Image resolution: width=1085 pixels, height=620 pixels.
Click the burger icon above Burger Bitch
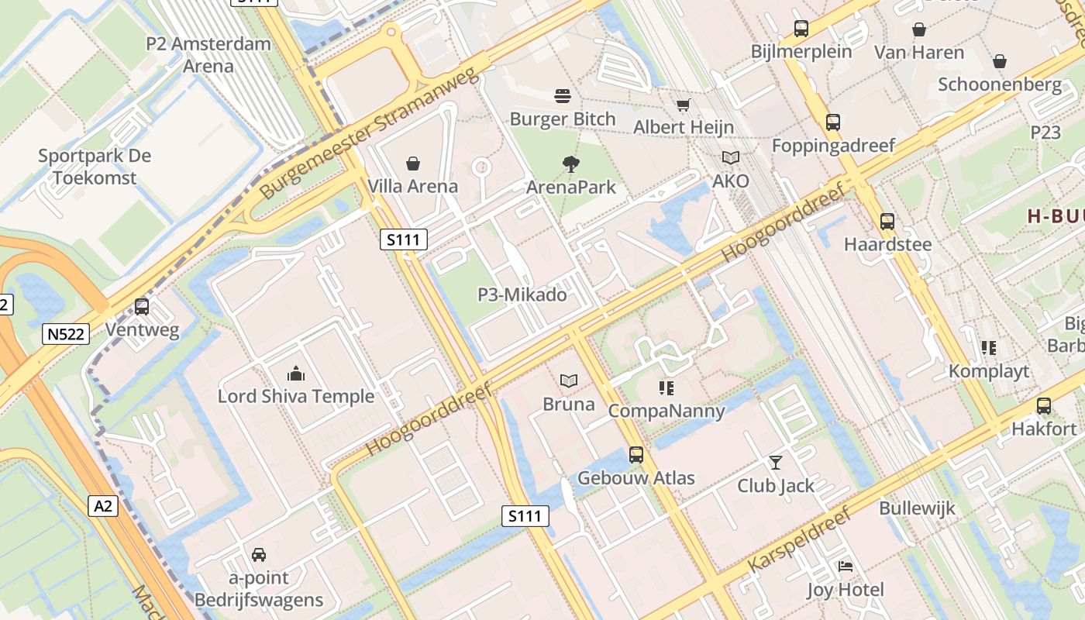(563, 96)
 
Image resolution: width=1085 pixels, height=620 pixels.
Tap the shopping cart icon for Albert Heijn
(683, 105)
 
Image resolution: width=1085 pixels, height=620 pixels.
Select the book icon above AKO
(730, 158)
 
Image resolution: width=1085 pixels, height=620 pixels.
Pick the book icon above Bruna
(569, 381)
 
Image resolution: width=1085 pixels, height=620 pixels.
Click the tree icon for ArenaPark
(571, 164)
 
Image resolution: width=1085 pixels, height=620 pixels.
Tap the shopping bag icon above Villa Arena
(413, 164)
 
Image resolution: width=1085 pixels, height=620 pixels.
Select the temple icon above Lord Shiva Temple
(296, 374)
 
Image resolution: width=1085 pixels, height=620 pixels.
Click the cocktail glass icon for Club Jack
(775, 463)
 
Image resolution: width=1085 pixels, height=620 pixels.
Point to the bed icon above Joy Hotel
(846, 567)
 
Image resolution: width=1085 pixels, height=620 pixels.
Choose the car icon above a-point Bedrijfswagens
(259, 555)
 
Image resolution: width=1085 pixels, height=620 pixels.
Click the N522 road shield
(67, 334)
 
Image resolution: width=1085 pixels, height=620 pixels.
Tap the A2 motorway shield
(103, 506)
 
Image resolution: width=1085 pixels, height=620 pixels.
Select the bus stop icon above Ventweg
(142, 307)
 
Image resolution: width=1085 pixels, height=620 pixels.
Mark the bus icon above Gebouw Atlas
(636, 455)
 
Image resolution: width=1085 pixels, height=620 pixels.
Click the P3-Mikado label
(522, 295)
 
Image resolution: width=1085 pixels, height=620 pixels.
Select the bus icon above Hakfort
(1044, 406)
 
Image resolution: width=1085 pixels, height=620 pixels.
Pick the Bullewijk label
(917, 509)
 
